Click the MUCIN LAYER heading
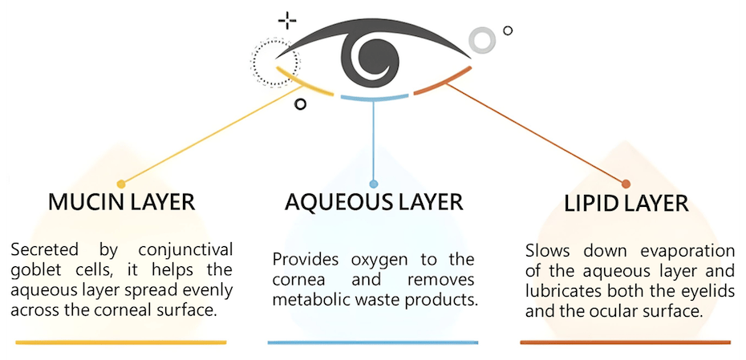[122, 201]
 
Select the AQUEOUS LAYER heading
[374, 201]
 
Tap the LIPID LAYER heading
[626, 202]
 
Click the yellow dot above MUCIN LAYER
[121, 184]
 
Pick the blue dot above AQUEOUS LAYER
[374, 184]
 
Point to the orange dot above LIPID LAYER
[626, 184]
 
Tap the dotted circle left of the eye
[274, 60]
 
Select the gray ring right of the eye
[482, 39]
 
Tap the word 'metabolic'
[311, 300]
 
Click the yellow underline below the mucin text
[121, 343]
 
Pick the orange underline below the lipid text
[626, 343]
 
